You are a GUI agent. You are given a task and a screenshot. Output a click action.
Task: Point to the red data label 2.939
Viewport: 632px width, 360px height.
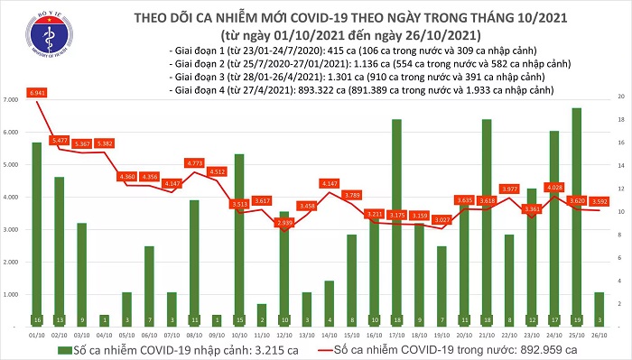[x=283, y=222]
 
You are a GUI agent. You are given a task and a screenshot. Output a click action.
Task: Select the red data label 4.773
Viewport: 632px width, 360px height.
[x=194, y=162]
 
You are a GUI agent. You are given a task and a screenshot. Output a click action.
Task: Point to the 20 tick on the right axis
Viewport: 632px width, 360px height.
[x=621, y=96]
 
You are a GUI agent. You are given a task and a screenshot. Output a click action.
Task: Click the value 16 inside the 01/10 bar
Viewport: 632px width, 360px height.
[x=36, y=319]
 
